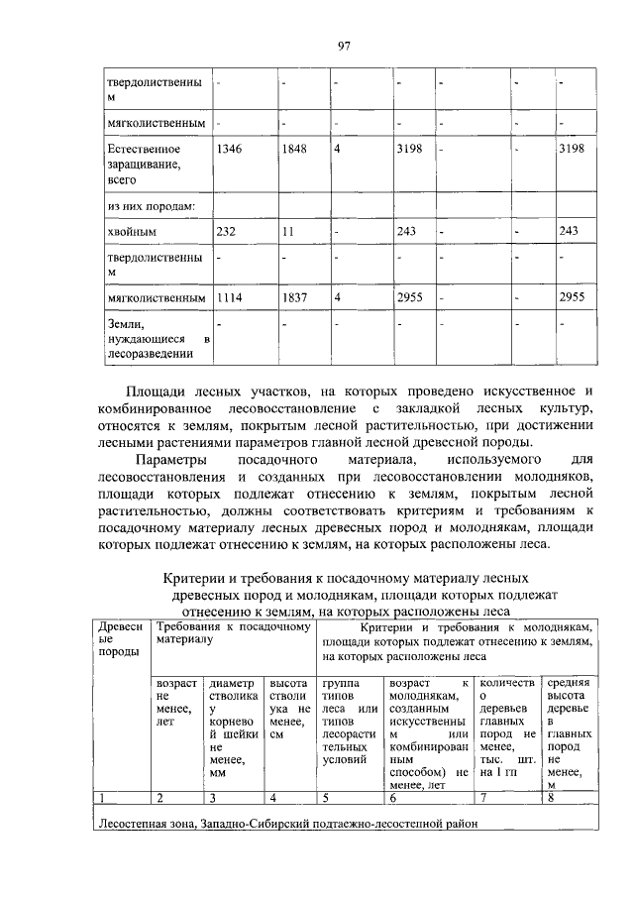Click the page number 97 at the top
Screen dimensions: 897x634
(344, 46)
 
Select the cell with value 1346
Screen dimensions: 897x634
(230, 149)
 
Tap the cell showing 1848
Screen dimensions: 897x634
(295, 149)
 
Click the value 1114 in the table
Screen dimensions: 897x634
(230, 296)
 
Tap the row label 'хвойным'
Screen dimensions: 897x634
(132, 231)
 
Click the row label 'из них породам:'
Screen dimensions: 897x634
(151, 205)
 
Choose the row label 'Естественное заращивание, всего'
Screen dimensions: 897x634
(144, 165)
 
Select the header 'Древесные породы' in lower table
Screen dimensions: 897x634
(119, 644)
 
